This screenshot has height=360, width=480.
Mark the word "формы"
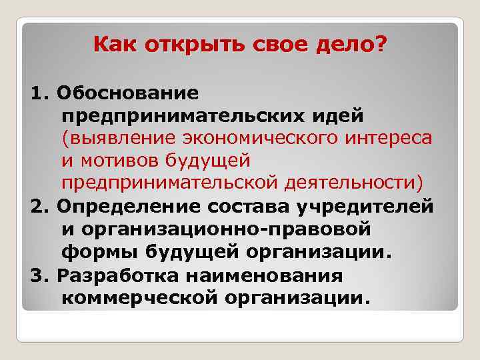[x=95, y=253]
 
